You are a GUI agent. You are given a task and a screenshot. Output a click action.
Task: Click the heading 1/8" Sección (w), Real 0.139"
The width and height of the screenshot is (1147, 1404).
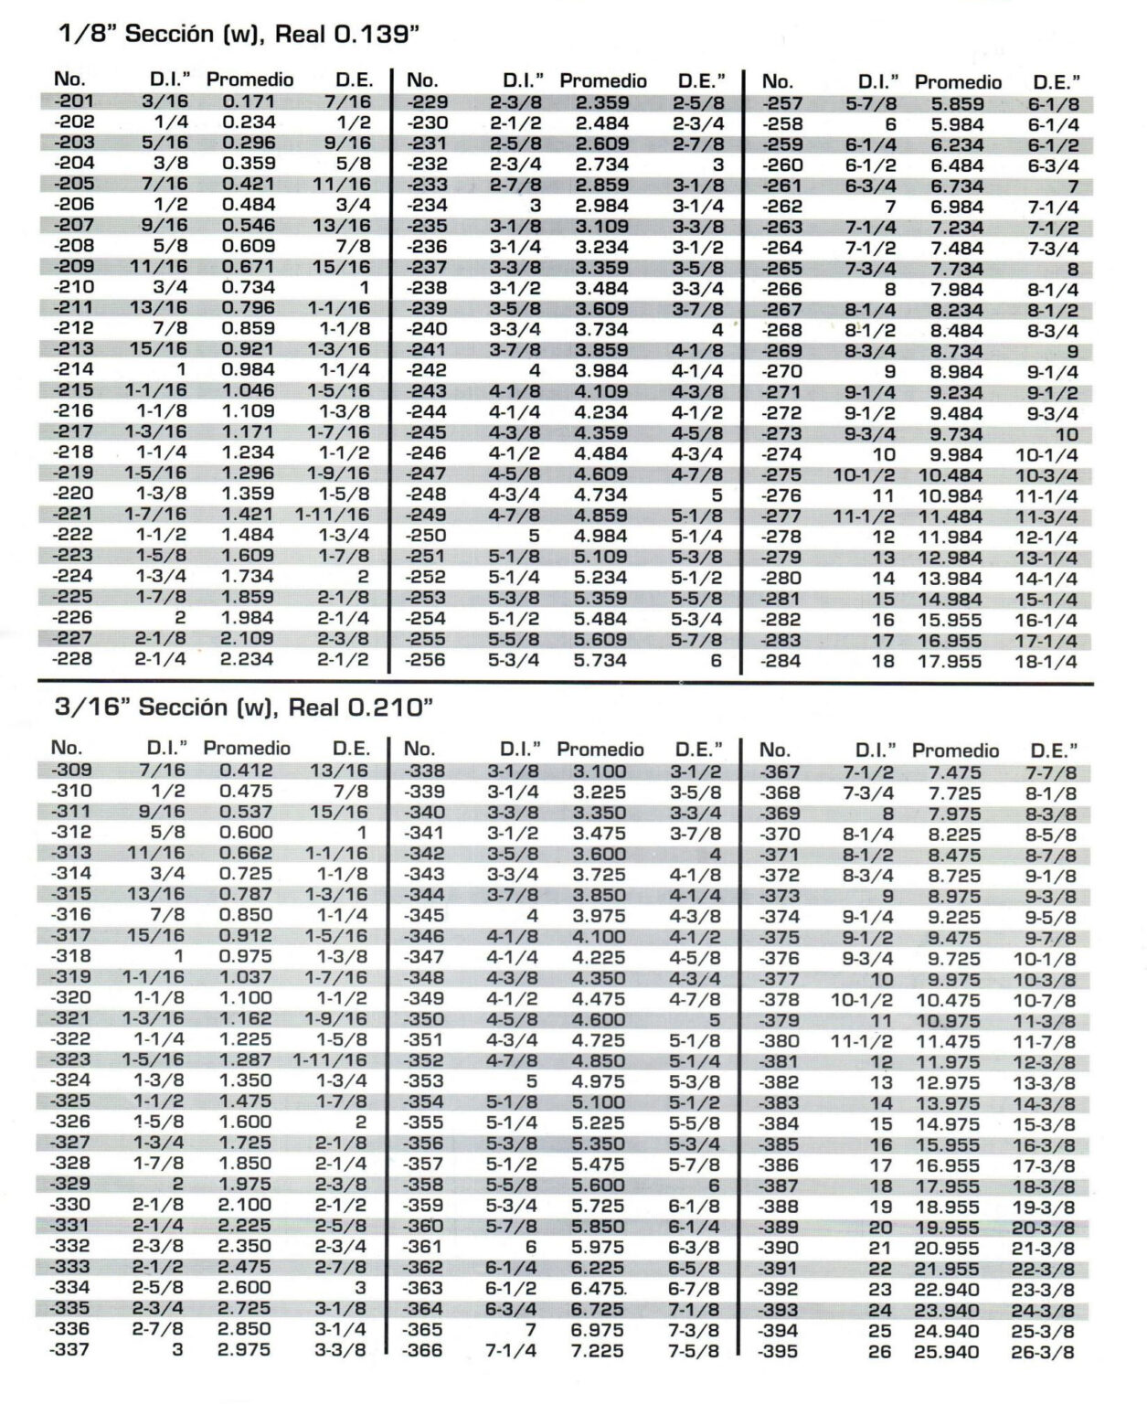239,35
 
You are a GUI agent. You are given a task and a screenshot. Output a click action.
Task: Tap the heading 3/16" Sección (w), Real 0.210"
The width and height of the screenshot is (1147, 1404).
243,707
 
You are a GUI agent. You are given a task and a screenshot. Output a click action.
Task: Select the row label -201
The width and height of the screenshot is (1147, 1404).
74,101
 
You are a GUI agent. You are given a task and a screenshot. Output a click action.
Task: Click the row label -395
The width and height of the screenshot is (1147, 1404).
779,1352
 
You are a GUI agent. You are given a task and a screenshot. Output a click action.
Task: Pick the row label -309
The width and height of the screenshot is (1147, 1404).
71,771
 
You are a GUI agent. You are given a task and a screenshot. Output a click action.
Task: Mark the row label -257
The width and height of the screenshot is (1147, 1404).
782,104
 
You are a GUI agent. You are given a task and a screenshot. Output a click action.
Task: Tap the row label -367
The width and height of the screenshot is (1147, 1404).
780,773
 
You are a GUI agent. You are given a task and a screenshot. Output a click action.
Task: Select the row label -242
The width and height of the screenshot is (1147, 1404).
427,370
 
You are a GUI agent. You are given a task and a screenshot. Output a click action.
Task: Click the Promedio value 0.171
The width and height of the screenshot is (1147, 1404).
249,101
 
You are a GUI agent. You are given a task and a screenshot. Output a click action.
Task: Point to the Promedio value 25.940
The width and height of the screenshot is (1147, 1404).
946,1352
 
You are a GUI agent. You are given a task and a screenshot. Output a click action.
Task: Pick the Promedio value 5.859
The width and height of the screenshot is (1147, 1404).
957,104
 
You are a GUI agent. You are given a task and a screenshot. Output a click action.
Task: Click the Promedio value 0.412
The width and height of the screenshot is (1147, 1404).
246,771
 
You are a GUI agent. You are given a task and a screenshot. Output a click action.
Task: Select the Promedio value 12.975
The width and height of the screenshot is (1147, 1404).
948,1083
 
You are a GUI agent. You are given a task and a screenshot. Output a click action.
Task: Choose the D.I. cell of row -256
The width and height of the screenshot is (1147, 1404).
514,660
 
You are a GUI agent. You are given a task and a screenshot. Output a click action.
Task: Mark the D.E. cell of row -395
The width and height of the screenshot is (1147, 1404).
1043,1353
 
